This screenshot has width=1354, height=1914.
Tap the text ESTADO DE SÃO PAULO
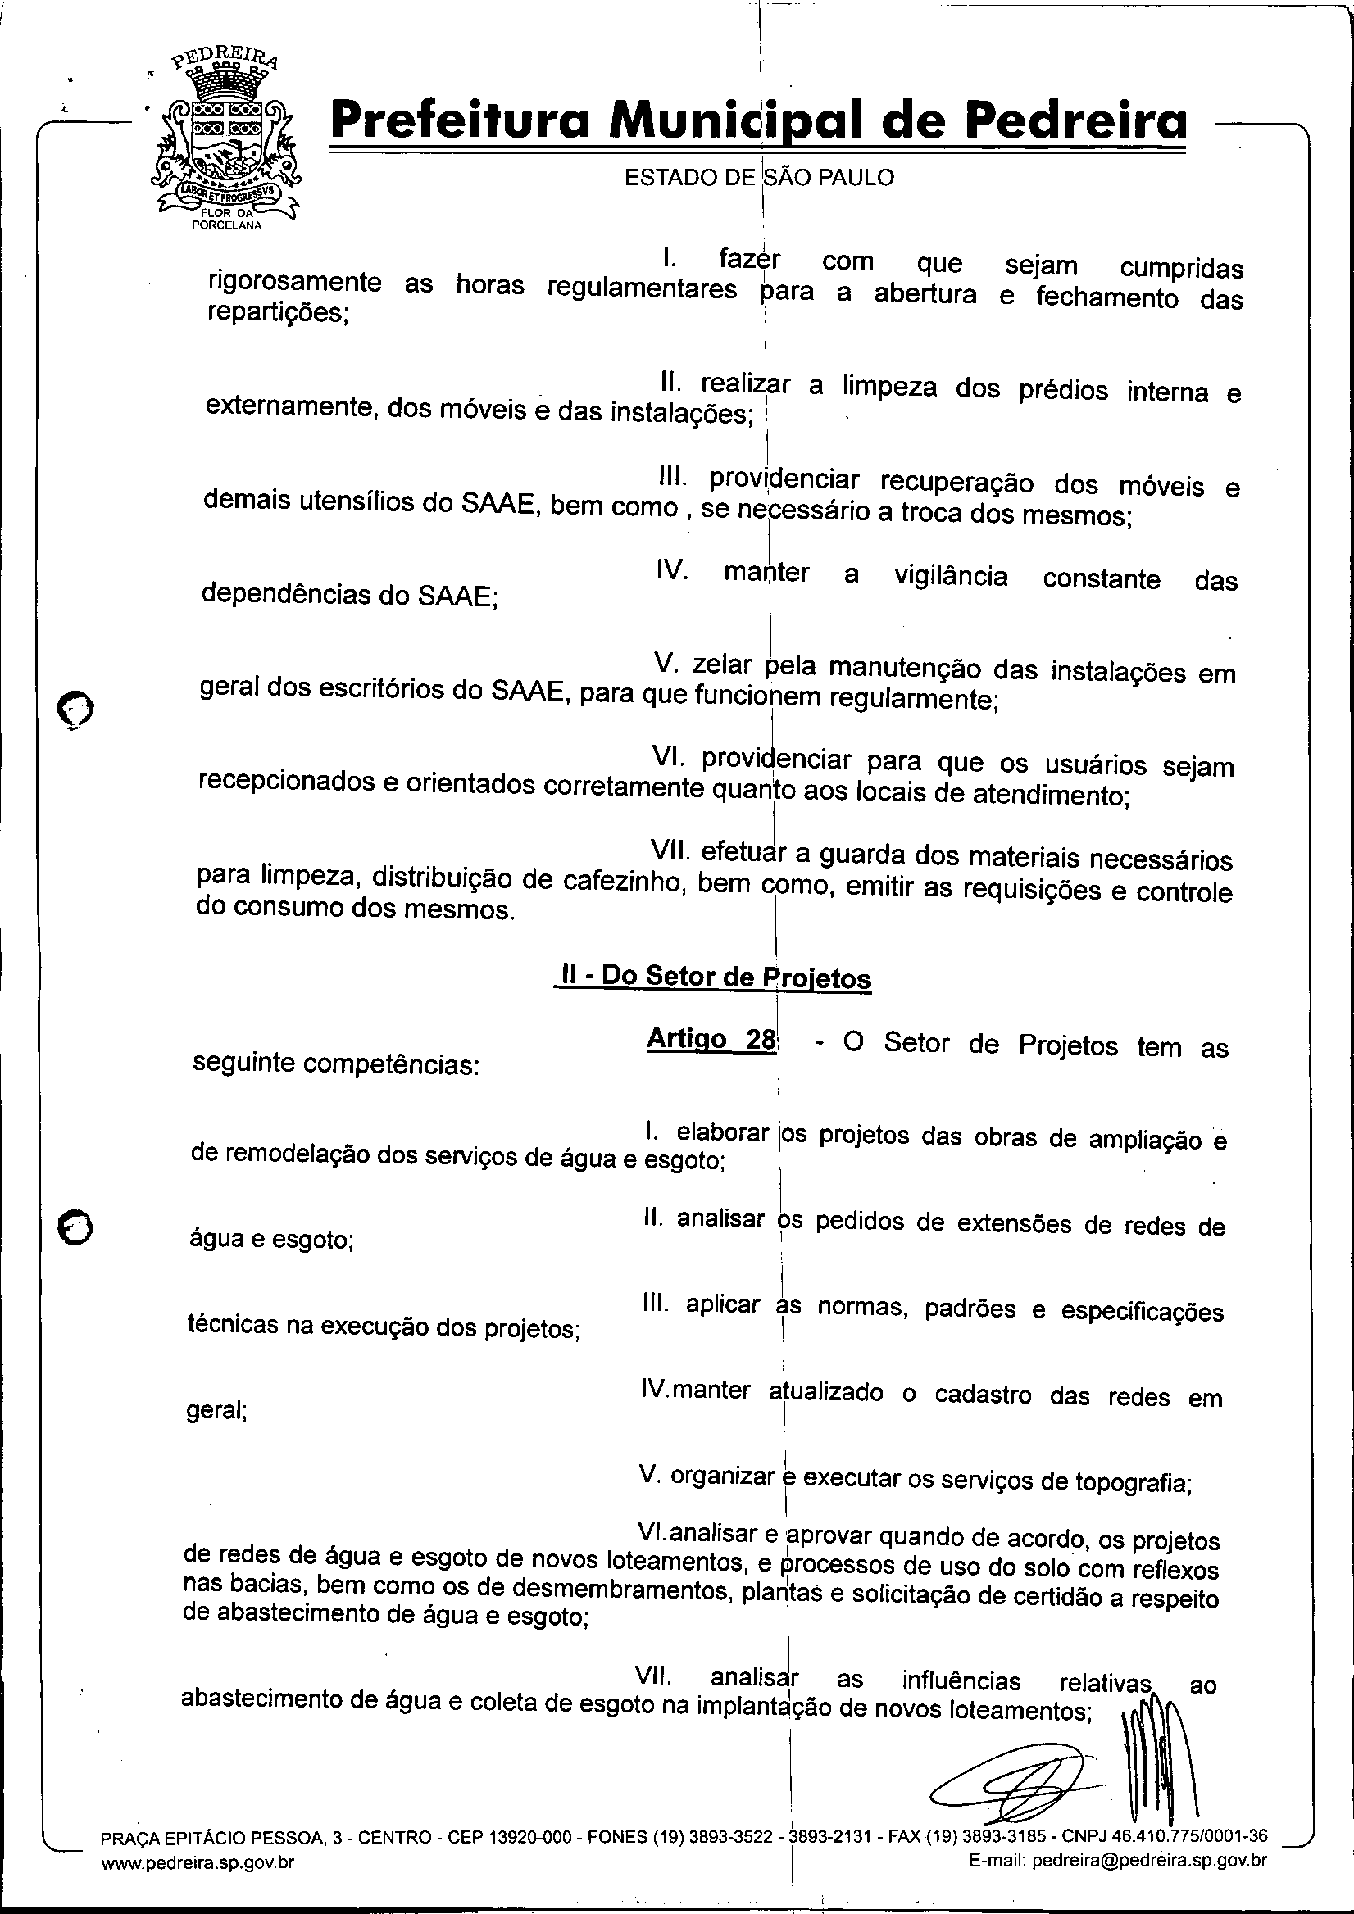tap(759, 178)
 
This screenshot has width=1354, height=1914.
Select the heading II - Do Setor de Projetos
tap(714, 977)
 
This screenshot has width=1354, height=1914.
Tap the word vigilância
tap(951, 576)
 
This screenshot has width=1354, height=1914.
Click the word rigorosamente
tap(294, 281)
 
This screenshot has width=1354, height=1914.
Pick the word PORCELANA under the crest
tap(227, 225)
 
